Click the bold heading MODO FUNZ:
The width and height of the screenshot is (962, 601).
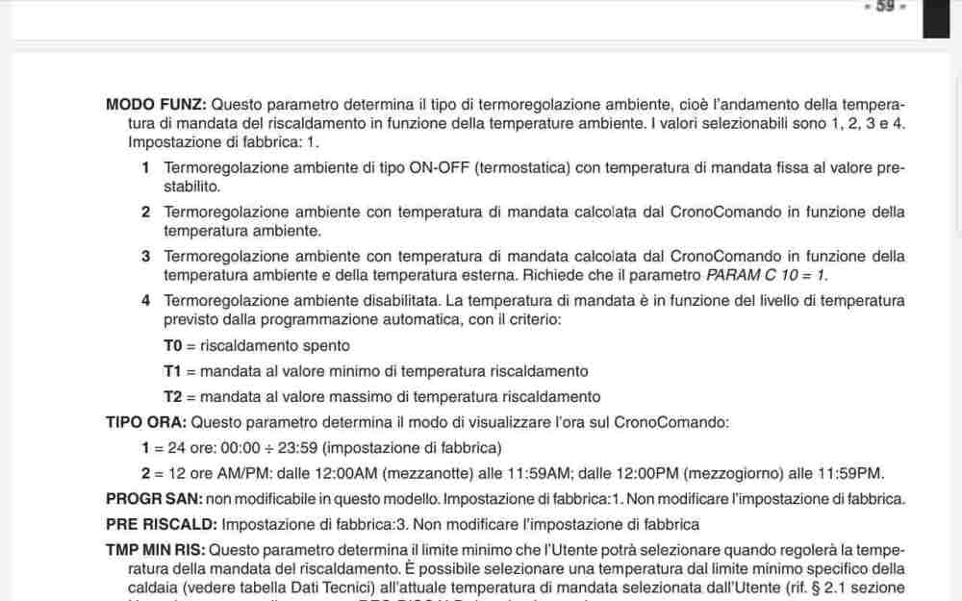click(x=155, y=104)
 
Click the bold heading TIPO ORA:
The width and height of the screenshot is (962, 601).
click(x=146, y=422)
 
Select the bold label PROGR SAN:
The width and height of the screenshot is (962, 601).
click(x=153, y=499)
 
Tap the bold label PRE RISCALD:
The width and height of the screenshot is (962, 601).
click(x=162, y=525)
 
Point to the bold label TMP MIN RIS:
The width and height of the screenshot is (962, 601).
click(x=155, y=550)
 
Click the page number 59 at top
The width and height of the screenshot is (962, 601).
click(x=885, y=7)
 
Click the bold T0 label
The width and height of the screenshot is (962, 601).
click(x=173, y=345)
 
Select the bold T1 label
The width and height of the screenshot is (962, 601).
click(x=173, y=371)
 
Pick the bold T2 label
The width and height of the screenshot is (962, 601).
click(x=173, y=396)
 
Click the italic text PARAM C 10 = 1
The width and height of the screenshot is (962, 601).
click(x=766, y=275)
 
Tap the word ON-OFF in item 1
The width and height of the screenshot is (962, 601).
click(x=439, y=168)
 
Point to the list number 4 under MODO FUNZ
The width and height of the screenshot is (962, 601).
click(x=145, y=300)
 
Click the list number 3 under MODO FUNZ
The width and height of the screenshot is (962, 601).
click(x=145, y=256)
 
